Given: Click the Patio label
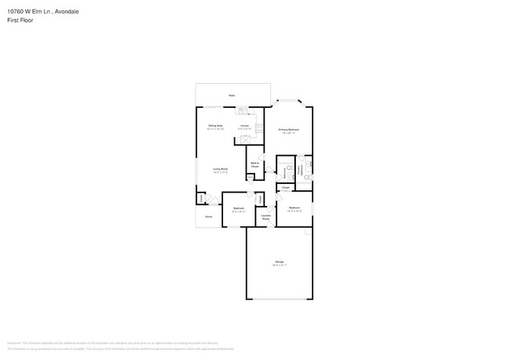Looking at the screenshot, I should pos(232,95).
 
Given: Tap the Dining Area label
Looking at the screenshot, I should pos(215,125).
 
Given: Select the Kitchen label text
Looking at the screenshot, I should pos(244,125).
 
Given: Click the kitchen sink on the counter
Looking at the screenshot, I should pos(243,109).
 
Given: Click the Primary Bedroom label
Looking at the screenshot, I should pos(289,129).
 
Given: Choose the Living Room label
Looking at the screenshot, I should pos(220,169).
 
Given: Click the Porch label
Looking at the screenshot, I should pos(208,216).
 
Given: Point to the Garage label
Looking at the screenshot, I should pos(279,261).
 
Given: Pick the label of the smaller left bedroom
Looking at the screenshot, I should pos(239,208).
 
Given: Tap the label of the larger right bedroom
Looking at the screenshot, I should pos(295,208).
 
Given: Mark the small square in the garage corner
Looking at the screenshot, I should pos(309,232).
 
